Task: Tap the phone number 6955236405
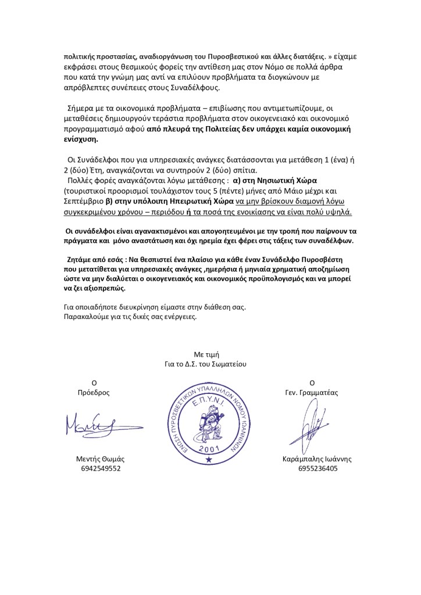317,468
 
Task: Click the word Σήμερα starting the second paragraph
82,109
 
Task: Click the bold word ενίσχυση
81,140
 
